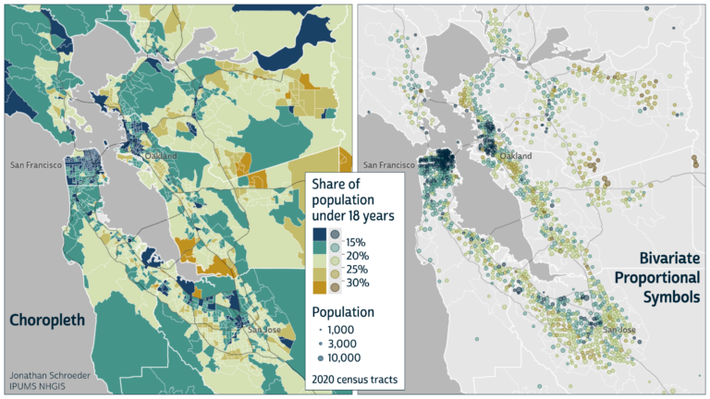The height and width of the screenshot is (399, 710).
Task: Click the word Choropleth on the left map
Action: click(53, 320)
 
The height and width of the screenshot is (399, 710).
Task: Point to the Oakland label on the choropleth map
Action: click(159, 156)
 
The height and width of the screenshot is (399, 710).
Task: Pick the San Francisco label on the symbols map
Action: click(393, 165)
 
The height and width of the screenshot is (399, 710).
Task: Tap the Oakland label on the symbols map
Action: click(515, 157)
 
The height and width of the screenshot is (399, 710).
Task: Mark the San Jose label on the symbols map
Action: click(618, 330)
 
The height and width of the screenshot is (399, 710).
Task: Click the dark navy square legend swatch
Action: click(319, 234)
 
